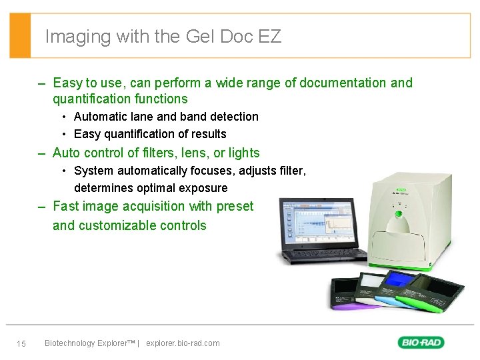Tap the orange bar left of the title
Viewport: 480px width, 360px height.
(20, 35)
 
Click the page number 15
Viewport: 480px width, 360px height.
(21, 343)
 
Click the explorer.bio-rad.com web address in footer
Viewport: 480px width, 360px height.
(182, 343)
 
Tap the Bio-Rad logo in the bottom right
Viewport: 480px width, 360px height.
(421, 342)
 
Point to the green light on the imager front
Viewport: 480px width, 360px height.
(399, 214)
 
